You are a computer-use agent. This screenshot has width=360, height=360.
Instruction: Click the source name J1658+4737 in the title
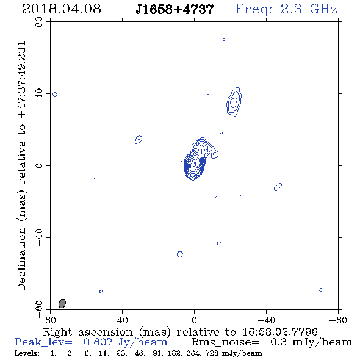pos(175,9)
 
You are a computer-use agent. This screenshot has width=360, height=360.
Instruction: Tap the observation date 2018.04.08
pos(62,9)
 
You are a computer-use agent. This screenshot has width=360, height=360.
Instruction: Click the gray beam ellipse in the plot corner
pos(62,303)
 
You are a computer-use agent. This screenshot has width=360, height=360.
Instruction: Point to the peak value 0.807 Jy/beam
pos(126,342)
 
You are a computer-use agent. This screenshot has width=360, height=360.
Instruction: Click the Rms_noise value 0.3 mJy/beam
pos(311,342)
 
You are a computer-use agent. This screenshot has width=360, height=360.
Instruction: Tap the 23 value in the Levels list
pos(121,353)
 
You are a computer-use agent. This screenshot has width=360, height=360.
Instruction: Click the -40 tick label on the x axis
pos(266,320)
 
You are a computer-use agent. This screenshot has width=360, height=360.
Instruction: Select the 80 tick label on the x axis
pos(50,320)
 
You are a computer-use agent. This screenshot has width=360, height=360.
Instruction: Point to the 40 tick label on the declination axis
pos(39,94)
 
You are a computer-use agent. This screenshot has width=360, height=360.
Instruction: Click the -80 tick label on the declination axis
pos(39,309)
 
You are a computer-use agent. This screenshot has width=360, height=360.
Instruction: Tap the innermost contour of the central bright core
pos(195,164)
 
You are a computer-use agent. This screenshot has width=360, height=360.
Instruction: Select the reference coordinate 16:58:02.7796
pos(280,332)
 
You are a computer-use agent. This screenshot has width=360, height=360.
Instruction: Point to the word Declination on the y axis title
pos(22,259)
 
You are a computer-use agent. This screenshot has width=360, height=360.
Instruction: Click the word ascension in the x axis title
pos(106,332)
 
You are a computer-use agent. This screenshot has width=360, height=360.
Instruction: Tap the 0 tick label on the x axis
pos(194,320)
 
